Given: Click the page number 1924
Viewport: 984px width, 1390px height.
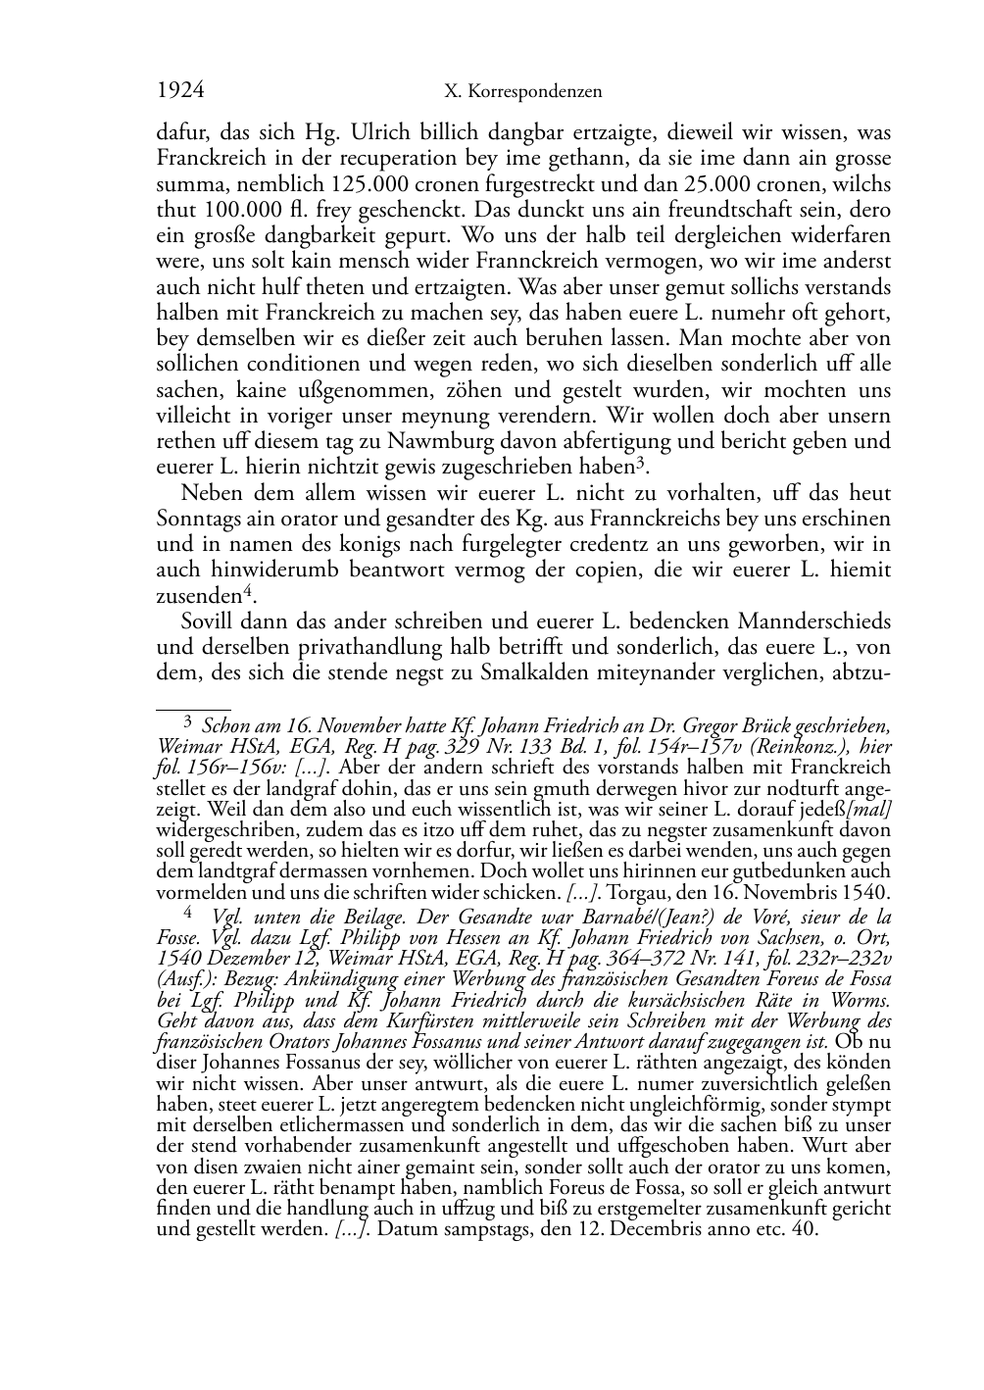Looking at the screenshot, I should pyautogui.click(x=180, y=91).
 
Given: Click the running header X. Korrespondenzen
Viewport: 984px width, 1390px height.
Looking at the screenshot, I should pyautogui.click(x=522, y=92).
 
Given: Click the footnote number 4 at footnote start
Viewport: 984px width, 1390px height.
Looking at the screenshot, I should pyautogui.click(x=187, y=913).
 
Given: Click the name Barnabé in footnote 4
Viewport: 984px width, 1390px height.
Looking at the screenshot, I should pyautogui.click(x=632, y=918).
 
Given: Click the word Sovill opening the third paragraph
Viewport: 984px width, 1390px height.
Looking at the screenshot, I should pyautogui.click(x=206, y=621).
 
